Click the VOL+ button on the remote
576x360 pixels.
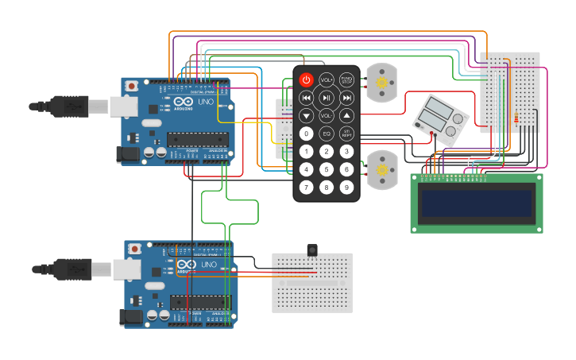point(327,79)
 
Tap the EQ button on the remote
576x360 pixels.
point(327,133)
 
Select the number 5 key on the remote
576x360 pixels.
point(327,169)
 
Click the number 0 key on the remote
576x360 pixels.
point(307,133)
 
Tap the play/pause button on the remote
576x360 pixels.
point(327,98)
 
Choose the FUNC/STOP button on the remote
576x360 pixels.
point(346,79)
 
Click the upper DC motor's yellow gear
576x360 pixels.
point(381,83)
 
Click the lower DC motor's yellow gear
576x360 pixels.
point(381,169)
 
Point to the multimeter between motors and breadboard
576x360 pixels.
point(439,120)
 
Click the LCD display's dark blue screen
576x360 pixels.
point(477,203)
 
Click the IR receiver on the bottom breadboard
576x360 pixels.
point(312,251)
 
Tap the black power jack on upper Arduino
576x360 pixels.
point(127,155)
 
